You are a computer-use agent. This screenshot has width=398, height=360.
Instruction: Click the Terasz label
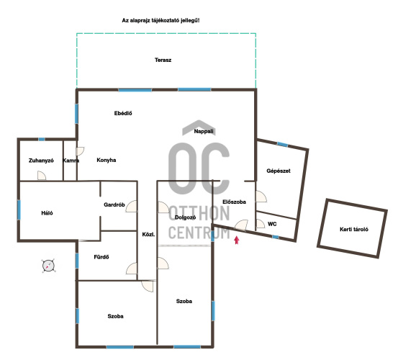[x=163, y=60]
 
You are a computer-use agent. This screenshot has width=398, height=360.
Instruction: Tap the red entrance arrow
[x=237, y=240]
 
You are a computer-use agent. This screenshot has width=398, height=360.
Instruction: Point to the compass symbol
[x=48, y=266]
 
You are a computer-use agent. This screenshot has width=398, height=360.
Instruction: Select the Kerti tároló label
[x=354, y=230]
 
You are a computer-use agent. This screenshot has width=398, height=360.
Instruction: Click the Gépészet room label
[x=279, y=171]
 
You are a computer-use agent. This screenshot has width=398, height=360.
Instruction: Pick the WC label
[x=272, y=224]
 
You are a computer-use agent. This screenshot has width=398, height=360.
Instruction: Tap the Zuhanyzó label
[x=41, y=161]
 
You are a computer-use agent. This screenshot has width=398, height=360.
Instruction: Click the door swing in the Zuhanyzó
[x=42, y=176]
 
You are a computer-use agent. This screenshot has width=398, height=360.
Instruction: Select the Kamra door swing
[x=81, y=152]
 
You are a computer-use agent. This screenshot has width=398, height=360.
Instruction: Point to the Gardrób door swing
[x=132, y=206]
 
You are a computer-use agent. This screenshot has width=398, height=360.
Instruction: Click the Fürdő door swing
[x=132, y=269]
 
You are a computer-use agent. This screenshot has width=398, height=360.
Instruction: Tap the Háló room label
[x=47, y=213]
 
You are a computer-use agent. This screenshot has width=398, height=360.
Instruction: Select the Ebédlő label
[x=123, y=114]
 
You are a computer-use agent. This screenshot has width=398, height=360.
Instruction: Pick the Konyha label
[x=107, y=160]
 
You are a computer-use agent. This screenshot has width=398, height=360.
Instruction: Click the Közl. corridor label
[x=148, y=235]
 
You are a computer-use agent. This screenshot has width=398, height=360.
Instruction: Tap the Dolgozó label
[x=185, y=217]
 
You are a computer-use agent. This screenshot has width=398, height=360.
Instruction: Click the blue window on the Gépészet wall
[x=283, y=145]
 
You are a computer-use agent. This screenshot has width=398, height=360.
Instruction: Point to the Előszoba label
[x=235, y=202]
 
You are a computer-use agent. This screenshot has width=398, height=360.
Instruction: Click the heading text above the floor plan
[x=160, y=21]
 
